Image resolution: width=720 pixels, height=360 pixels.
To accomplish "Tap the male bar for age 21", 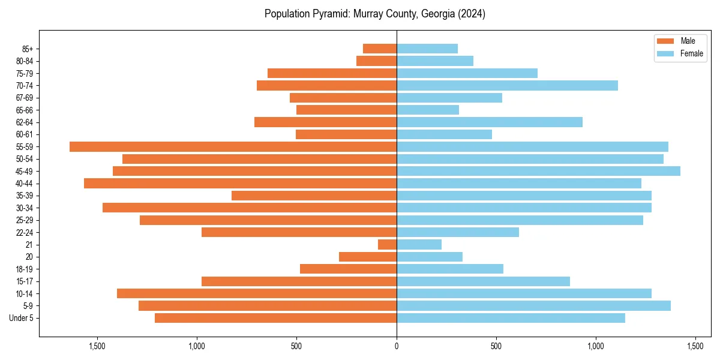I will (x=387, y=244).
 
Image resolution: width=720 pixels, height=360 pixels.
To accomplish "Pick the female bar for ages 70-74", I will (x=507, y=85).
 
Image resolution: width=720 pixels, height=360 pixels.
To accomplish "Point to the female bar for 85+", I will (x=427, y=49).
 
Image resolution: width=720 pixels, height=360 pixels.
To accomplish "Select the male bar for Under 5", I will (x=275, y=318).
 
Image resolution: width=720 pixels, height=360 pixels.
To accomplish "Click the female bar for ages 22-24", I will (x=457, y=232).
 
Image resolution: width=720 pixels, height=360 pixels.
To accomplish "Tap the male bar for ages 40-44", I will (x=240, y=183).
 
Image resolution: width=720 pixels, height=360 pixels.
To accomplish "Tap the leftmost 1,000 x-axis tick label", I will (x=197, y=346).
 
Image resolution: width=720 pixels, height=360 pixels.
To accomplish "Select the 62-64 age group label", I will (x=25, y=122).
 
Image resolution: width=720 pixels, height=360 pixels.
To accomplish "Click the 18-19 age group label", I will (x=25, y=269).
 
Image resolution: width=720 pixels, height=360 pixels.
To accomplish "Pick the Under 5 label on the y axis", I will (x=22, y=318).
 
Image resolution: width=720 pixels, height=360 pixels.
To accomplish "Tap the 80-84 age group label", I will (x=25, y=61).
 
